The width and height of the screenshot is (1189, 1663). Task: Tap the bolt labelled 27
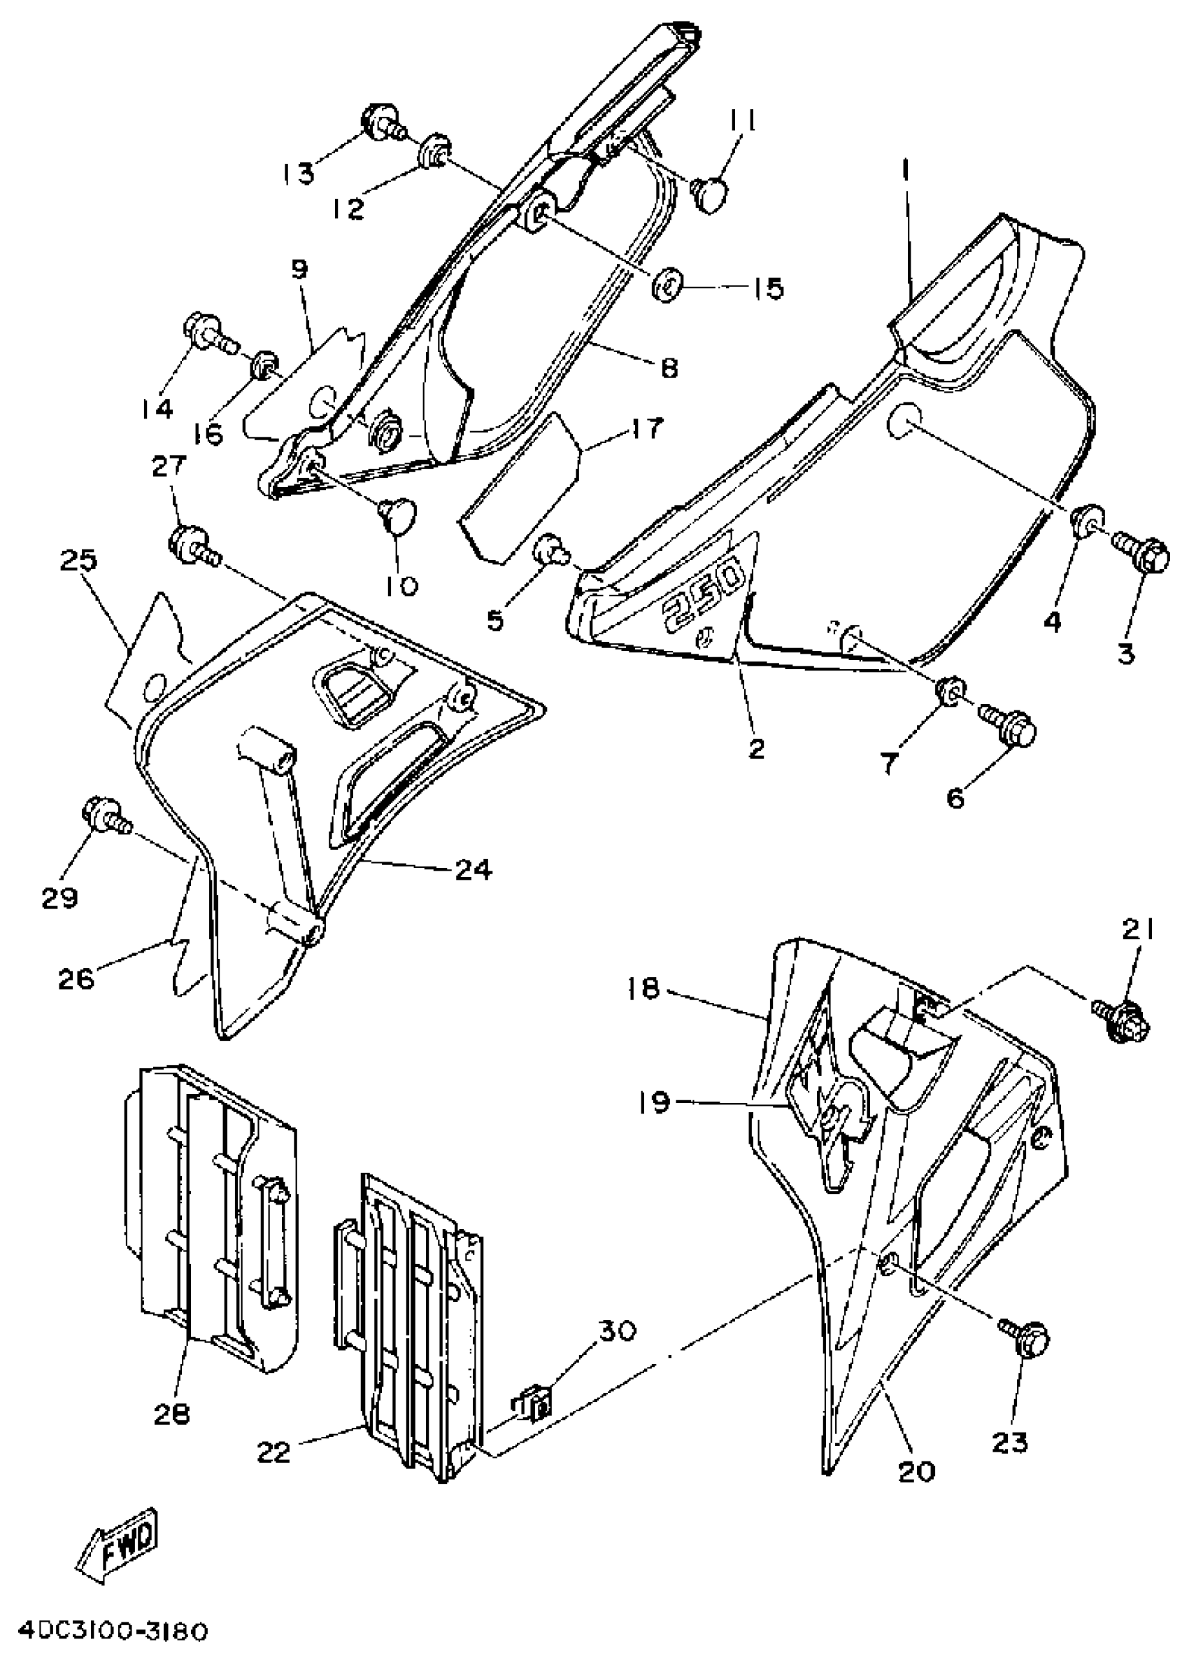pyautogui.click(x=192, y=545)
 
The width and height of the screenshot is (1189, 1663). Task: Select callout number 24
pyautogui.click(x=474, y=869)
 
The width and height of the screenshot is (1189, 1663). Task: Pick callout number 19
pyautogui.click(x=654, y=1102)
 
